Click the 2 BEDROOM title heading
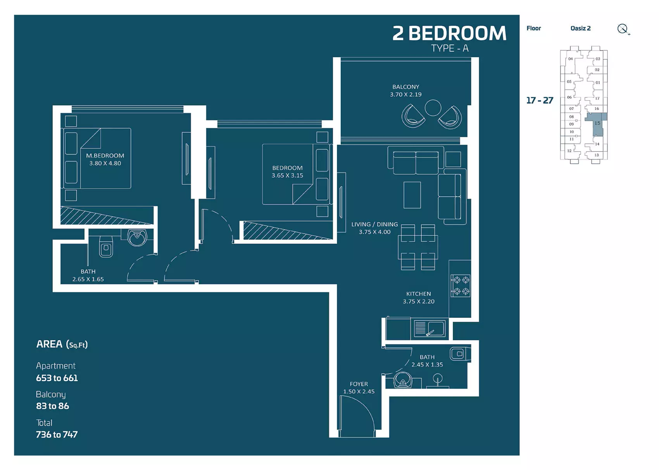tap(449, 33)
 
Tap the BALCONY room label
tap(406, 87)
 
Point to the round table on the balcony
tap(433, 108)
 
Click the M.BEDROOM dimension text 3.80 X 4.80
tap(105, 163)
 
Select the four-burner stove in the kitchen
tap(461, 286)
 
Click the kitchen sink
tap(430, 328)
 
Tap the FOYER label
tap(359, 384)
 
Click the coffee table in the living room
tap(412, 195)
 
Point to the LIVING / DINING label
tap(374, 225)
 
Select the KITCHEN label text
tap(419, 294)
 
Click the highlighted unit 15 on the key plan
tap(597, 124)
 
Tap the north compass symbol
tap(623, 29)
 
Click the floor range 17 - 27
tap(540, 100)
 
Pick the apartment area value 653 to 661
tap(57, 378)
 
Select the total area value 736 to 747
tap(57, 434)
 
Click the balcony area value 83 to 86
tap(52, 406)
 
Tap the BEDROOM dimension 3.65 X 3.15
tap(287, 175)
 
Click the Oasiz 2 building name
tap(580, 28)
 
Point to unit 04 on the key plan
tap(571, 59)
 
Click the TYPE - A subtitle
tap(450, 48)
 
